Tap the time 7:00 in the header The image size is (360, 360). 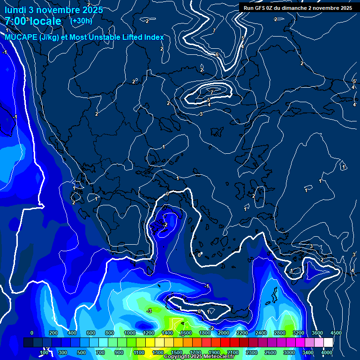[15, 21]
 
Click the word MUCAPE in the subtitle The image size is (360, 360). [21, 37]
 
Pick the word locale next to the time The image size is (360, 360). [44, 21]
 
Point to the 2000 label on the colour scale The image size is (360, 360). [224, 333]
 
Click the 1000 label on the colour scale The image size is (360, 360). [130, 333]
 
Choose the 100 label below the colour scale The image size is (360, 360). [45, 352]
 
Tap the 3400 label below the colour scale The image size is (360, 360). [308, 352]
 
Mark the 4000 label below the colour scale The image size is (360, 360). [327, 352]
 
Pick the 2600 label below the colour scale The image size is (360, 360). [270, 352]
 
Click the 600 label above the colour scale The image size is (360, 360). [91, 333]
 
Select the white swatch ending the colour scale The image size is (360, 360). [328, 343]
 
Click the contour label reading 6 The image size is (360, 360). [217, 54]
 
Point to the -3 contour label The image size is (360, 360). [149, 311]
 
